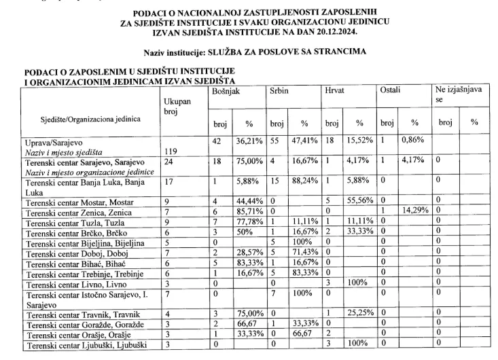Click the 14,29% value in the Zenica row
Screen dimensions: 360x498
coord(414,212)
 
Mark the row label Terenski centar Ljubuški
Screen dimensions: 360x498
coord(83,345)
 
